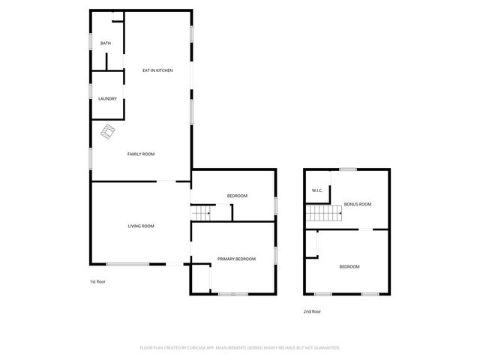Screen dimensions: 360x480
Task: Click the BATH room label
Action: click(106, 43)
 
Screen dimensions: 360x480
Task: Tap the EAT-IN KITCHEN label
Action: click(157, 70)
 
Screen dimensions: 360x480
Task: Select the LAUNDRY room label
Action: click(107, 98)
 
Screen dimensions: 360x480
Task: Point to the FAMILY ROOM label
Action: click(140, 154)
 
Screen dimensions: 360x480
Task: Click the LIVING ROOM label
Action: click(140, 226)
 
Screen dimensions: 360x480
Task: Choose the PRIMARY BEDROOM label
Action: click(236, 259)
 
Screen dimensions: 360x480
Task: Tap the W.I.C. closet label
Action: click(317, 190)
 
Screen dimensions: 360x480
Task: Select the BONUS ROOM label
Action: click(358, 204)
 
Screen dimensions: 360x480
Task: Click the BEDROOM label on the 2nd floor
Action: click(349, 267)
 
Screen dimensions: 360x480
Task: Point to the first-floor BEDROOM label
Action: click(237, 196)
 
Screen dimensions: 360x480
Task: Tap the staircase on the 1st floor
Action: click(200, 214)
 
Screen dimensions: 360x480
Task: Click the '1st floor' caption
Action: click(98, 281)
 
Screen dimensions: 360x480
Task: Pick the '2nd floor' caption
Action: click(312, 311)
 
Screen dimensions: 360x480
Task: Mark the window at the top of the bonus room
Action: click(347, 169)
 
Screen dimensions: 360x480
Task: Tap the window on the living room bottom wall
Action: click(127, 264)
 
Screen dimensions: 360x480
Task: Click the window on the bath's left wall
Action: click(91, 41)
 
